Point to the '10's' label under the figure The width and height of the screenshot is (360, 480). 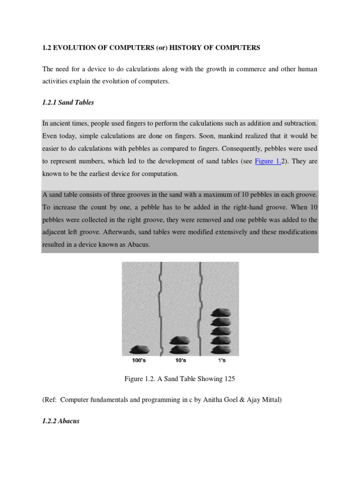[180, 360]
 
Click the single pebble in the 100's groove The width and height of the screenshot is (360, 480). [139, 349]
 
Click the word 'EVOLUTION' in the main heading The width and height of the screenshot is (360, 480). [73, 48]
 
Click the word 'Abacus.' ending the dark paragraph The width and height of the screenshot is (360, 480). [138, 245]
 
